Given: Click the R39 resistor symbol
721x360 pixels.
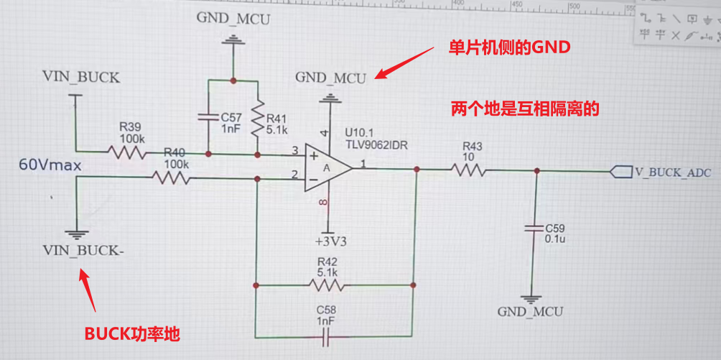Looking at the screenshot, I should pos(126,152).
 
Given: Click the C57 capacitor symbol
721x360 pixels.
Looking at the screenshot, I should pos(208,116).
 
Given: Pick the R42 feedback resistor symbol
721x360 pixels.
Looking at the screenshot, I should pos(327,285).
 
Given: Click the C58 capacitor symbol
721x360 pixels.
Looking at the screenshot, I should pos(327,335).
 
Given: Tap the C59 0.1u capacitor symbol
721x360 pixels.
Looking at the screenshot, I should pos(534,228).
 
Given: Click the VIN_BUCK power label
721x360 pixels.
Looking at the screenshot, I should pos(81,77).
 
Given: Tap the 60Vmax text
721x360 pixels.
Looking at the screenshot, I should pos(50,166).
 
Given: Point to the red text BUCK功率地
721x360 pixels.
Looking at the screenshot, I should pos(132,334).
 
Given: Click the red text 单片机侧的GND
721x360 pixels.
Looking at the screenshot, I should pos(508,47).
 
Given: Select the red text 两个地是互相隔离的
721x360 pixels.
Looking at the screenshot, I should pos(524,109).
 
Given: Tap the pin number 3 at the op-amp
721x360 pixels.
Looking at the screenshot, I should pos(294,150).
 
